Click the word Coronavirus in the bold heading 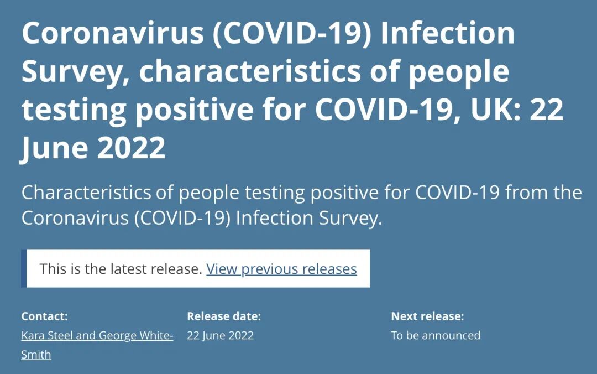pyautogui.click(x=113, y=33)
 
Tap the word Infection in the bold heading pyautogui.click(x=447, y=33)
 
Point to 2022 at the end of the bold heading pyautogui.click(x=132, y=148)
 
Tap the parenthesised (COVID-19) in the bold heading pyautogui.click(x=292, y=34)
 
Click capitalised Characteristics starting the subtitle pyautogui.click(x=86, y=192)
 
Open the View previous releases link pyautogui.click(x=281, y=269)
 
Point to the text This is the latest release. pyautogui.click(x=121, y=269)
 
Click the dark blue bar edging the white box pyautogui.click(x=24, y=268)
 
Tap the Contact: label pyautogui.click(x=45, y=316)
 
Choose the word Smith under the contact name pyautogui.click(x=36, y=355)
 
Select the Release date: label pyautogui.click(x=224, y=316)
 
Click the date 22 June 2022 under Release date pyautogui.click(x=221, y=335)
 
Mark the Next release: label pyautogui.click(x=427, y=316)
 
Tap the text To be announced pyautogui.click(x=436, y=335)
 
